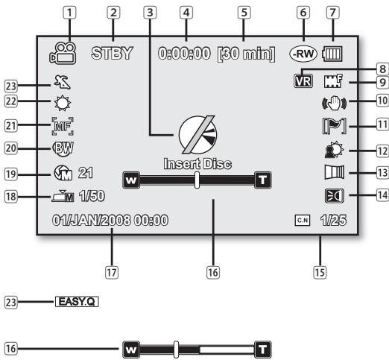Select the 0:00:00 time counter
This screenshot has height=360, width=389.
[182, 54]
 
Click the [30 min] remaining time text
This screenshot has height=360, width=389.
[244, 54]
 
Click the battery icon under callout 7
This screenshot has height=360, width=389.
[332, 54]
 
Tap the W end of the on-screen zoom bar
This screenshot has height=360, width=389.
[130, 179]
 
